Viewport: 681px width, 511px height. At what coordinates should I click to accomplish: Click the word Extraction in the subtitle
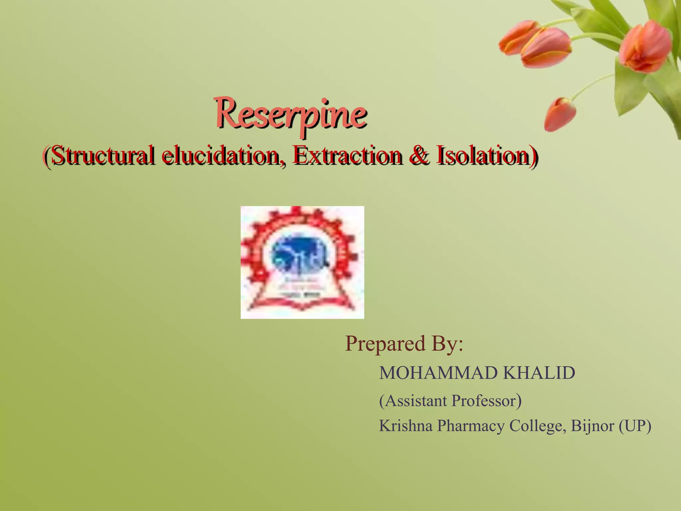(347, 155)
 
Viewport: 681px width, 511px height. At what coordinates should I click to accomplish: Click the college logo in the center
(302, 262)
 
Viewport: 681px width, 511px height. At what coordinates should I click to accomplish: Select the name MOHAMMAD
(438, 373)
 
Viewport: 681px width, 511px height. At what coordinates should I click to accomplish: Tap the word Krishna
(406, 426)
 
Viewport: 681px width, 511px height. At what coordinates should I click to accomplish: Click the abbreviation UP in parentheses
(635, 426)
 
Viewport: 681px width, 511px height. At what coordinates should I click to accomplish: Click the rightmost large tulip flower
(645, 47)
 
